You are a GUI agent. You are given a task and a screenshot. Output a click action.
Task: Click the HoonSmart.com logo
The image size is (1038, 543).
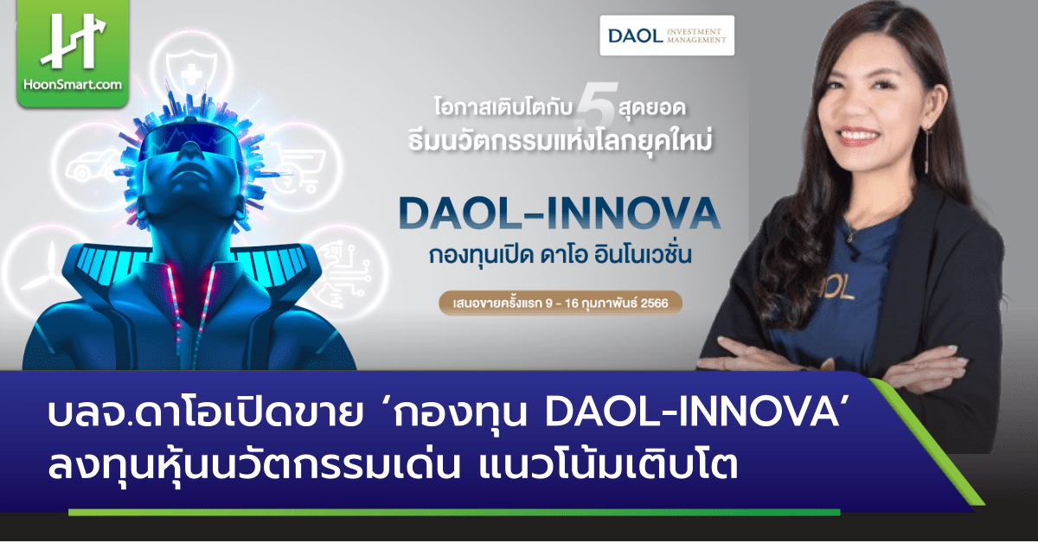(73, 53)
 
